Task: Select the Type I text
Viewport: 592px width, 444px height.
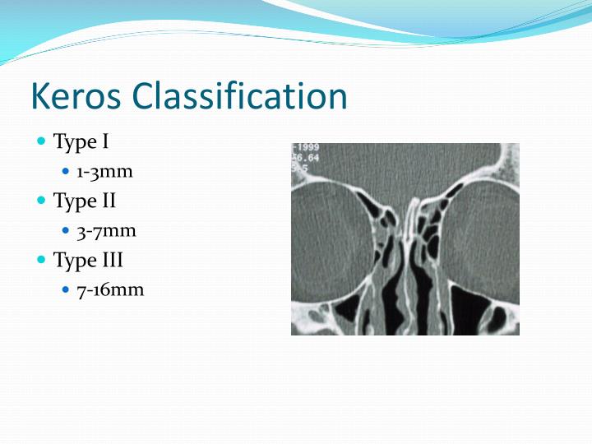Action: pos(81,141)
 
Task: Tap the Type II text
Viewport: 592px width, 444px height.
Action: pos(85,200)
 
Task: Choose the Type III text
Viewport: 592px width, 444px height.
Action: pos(88,260)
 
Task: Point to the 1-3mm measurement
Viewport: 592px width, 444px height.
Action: pos(104,172)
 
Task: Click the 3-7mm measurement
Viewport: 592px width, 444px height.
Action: pos(106,231)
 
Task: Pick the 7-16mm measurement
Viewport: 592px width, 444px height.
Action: pos(110,290)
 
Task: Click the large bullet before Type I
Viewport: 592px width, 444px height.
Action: pos(42,141)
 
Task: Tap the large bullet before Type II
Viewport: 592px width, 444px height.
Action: pos(42,200)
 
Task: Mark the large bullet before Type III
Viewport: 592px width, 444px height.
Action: pos(42,260)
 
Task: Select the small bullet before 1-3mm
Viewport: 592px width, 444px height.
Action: pos(67,172)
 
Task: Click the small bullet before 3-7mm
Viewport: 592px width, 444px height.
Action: pos(67,231)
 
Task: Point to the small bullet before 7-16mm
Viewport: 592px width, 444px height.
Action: pos(67,290)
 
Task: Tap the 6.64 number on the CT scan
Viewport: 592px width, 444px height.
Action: pos(307,157)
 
